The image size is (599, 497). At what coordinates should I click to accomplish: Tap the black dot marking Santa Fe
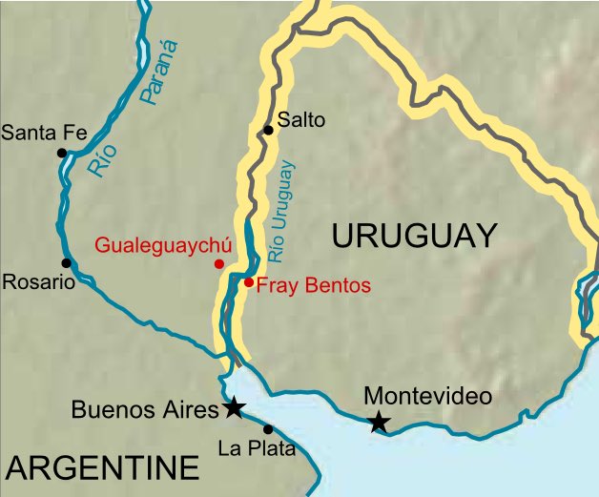coord(62,153)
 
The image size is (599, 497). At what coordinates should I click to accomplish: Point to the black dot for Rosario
coord(66,263)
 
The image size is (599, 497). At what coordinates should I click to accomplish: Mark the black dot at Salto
coord(269,130)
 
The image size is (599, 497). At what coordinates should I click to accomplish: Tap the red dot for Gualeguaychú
coord(219,263)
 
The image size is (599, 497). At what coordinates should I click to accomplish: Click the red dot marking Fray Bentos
coord(248,281)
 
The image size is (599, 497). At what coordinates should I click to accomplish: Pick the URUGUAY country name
coord(414,235)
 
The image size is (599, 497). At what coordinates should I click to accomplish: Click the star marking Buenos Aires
coord(233,408)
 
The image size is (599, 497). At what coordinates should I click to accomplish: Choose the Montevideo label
coord(428,396)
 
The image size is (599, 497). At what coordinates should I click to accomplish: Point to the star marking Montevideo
coord(380,421)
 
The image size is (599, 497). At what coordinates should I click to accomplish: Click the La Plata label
coord(257,448)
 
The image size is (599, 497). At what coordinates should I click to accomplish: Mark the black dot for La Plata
coord(268,429)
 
